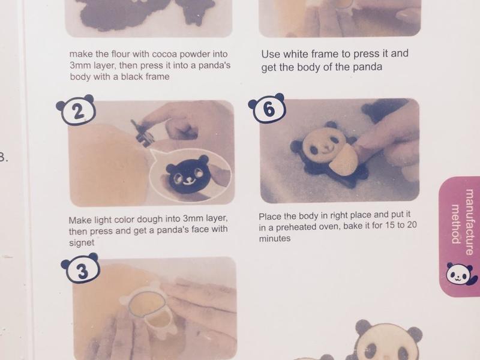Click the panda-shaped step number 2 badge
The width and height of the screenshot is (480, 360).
(x=76, y=111)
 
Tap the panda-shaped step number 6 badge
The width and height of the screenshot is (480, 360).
(x=267, y=109)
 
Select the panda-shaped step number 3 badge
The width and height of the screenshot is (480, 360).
(x=80, y=268)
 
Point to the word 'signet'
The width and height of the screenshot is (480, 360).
(x=82, y=243)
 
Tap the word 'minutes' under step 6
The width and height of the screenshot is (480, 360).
(x=275, y=238)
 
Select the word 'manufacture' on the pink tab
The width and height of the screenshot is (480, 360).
(x=469, y=221)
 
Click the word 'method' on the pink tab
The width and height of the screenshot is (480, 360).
(x=456, y=223)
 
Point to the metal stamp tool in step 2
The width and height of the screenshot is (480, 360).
(x=142, y=132)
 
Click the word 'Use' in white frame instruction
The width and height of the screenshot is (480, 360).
(x=271, y=54)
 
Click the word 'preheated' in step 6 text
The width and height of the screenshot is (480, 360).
(x=297, y=227)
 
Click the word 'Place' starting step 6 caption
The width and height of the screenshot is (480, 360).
(x=270, y=217)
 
